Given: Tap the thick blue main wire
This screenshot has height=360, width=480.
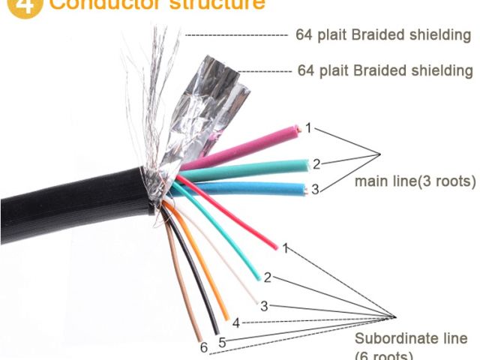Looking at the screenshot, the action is pyautogui.click(x=255, y=187).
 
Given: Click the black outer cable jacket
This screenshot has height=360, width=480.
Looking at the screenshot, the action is pyautogui.click(x=67, y=202).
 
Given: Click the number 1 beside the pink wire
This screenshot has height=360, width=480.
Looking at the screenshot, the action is pyautogui.click(x=307, y=127).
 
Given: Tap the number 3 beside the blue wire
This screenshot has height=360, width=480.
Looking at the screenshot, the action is pyautogui.click(x=315, y=190).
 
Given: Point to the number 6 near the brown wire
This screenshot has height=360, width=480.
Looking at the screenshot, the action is pyautogui.click(x=202, y=347).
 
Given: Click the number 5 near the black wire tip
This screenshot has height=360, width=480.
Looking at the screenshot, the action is pyautogui.click(x=222, y=343).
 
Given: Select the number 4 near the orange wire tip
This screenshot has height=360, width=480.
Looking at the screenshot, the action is pyautogui.click(x=235, y=323).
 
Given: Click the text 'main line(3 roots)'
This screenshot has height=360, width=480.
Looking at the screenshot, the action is pyautogui.click(x=415, y=181).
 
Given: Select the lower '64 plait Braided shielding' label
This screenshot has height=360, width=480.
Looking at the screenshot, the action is pyautogui.click(x=385, y=70).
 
